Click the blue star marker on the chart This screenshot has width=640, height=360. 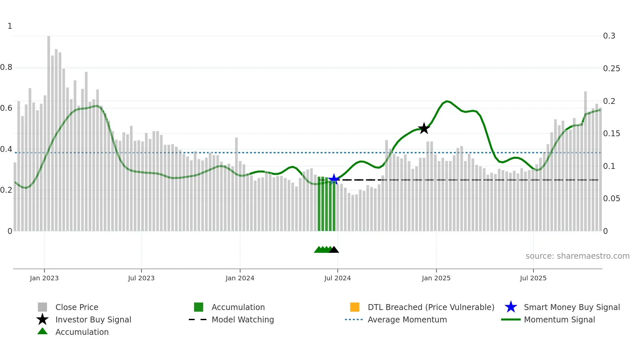(334, 179)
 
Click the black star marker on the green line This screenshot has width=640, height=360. (424, 129)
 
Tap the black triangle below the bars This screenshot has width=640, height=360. (334, 250)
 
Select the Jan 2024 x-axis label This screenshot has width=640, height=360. (240, 278)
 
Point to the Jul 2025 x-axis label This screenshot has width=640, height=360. (533, 278)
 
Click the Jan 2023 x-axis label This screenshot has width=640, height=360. (44, 278)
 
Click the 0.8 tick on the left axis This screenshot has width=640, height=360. (6, 67)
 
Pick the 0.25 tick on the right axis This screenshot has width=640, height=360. (611, 69)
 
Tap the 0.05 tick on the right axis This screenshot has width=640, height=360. (611, 199)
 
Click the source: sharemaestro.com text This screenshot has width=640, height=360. (577, 256)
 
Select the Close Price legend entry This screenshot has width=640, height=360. (77, 307)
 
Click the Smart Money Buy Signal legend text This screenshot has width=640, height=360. (571, 307)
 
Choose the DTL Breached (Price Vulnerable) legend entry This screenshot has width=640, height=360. (431, 307)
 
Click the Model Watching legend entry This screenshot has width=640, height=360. (243, 319)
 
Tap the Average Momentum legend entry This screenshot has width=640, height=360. (407, 319)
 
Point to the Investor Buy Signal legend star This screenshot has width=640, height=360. (42, 319)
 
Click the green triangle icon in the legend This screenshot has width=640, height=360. (42, 331)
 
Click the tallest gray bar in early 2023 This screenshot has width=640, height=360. (49, 131)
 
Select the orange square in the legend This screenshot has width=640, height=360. (355, 307)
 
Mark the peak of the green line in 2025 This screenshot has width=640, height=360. (447, 101)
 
